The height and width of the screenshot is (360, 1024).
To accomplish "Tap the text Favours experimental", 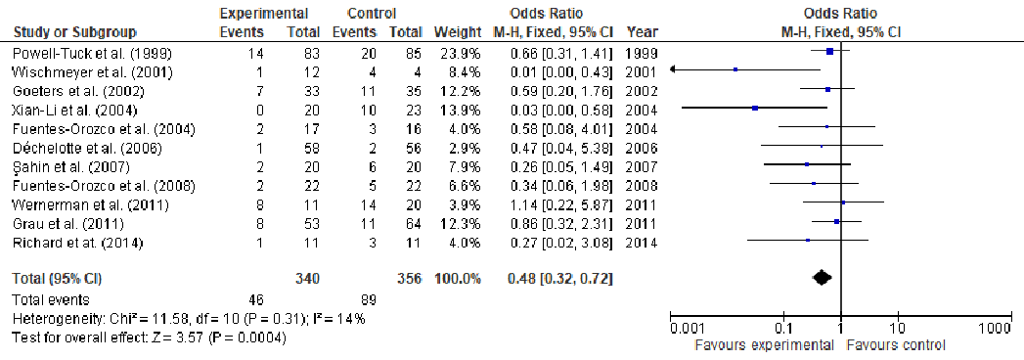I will [x=759, y=345].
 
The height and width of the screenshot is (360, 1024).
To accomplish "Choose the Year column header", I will [x=639, y=32].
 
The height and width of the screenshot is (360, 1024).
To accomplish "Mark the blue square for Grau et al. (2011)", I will [x=836, y=221].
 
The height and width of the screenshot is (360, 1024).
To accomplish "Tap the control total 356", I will [x=408, y=279].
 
